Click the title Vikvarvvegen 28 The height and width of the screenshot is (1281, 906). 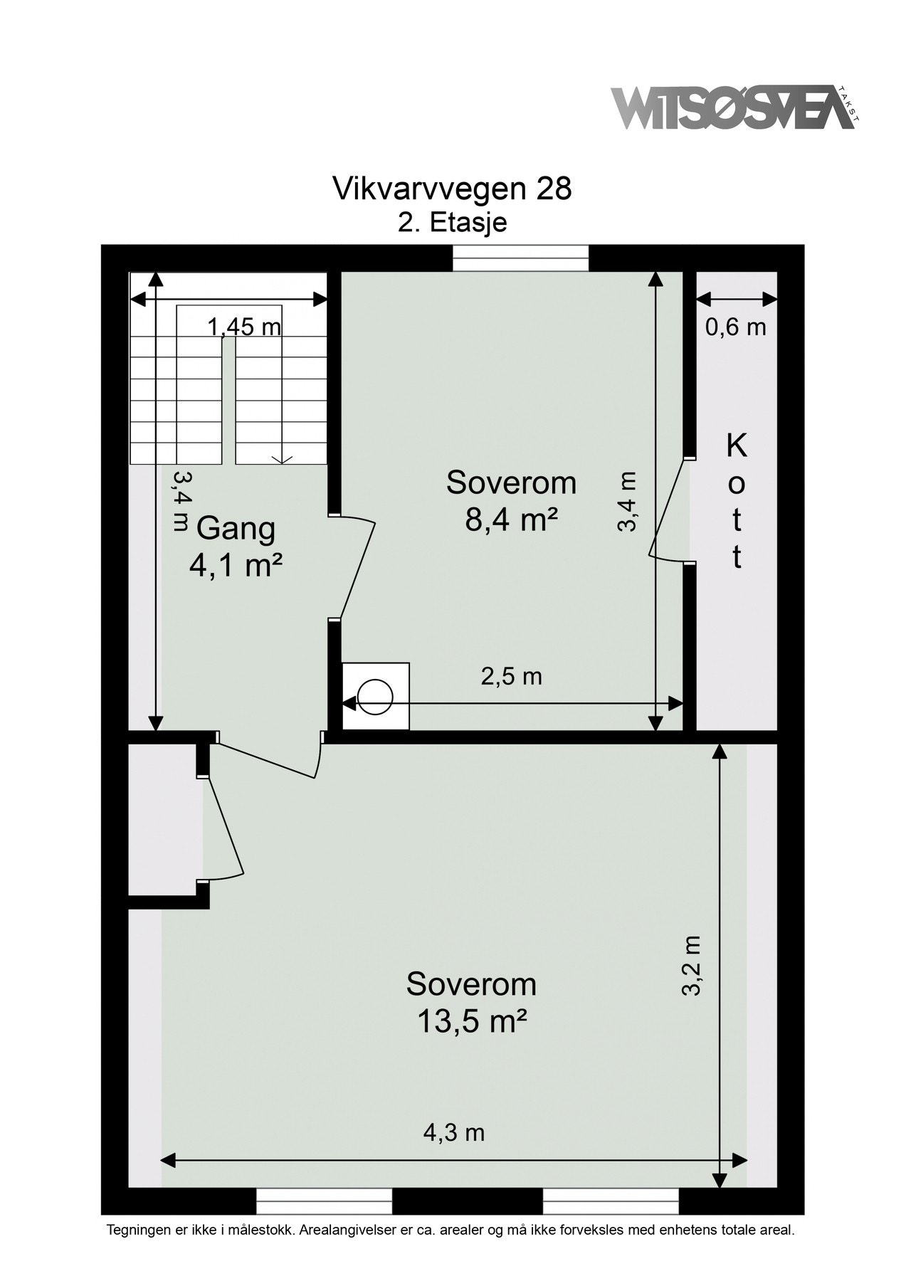(x=452, y=189)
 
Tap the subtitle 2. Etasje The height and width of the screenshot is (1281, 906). (x=452, y=222)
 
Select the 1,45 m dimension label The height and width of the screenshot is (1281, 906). (x=244, y=327)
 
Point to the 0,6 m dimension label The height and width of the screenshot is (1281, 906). (x=735, y=327)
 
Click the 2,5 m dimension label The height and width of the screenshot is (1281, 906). (x=512, y=676)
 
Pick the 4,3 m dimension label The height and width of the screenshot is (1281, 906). (x=454, y=1132)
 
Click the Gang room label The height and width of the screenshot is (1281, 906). (x=236, y=530)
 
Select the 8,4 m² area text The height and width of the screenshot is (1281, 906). (x=511, y=520)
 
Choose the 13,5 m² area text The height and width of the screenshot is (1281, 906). (x=472, y=1023)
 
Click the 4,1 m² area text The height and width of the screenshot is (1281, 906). (x=236, y=566)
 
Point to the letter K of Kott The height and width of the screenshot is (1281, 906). (x=737, y=446)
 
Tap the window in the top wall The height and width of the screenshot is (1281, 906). (x=522, y=258)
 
